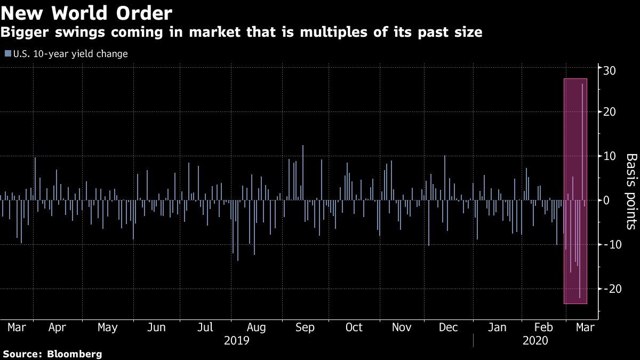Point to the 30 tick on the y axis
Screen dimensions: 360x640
tap(610, 69)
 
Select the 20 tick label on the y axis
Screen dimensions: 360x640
tap(610, 112)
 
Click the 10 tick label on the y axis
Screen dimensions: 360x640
tap(610, 156)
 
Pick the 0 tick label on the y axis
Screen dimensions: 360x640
tap(606, 201)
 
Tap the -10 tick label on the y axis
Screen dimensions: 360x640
tap(611, 244)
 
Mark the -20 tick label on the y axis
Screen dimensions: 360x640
tap(611, 289)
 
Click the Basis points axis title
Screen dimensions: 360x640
tap(630, 191)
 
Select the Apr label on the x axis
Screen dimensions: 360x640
tap(57, 327)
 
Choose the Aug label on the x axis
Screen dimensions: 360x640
tap(256, 327)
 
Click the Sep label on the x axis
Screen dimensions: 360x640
tap(305, 327)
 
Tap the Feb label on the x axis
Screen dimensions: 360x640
tap(544, 327)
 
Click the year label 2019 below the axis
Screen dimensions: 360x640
tap(236, 340)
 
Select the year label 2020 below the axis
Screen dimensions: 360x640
tap(536, 340)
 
